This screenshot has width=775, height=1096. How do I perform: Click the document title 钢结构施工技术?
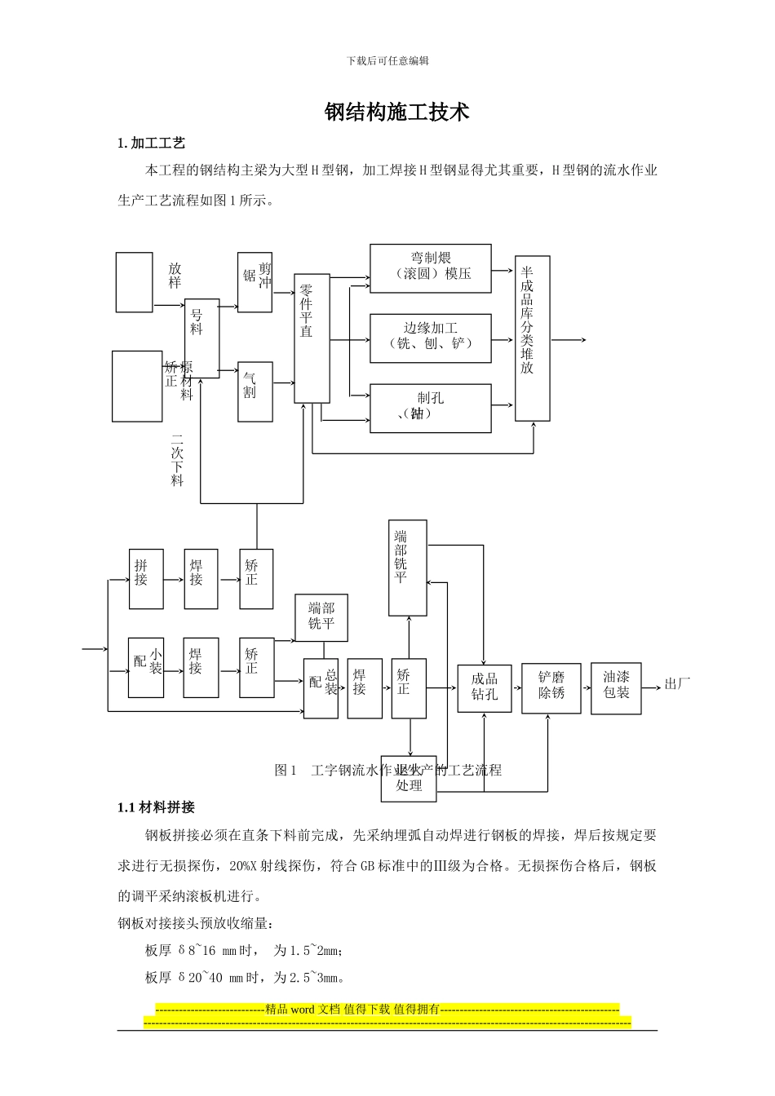point(396,113)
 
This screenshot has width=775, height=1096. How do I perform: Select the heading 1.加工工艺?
point(152,144)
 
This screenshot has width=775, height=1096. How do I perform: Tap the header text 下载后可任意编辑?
point(387,61)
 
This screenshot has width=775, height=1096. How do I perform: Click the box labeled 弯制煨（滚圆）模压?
point(431,267)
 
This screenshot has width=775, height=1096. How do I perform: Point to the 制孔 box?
point(431,408)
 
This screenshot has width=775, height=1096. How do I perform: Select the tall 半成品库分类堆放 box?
point(532,338)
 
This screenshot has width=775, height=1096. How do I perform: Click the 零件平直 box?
point(312,338)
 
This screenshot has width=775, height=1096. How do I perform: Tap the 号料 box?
point(201,338)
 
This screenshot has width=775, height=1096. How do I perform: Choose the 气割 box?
point(255,391)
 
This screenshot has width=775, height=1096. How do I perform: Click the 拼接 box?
point(146,579)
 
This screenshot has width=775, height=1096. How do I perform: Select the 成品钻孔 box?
point(485,688)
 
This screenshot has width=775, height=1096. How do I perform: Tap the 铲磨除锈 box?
point(551,688)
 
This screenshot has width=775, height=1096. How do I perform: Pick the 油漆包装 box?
point(616,688)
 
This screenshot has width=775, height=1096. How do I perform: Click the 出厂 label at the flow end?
point(677,684)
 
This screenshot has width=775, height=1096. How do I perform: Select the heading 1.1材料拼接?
point(156,807)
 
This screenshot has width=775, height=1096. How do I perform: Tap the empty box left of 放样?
point(134,282)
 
